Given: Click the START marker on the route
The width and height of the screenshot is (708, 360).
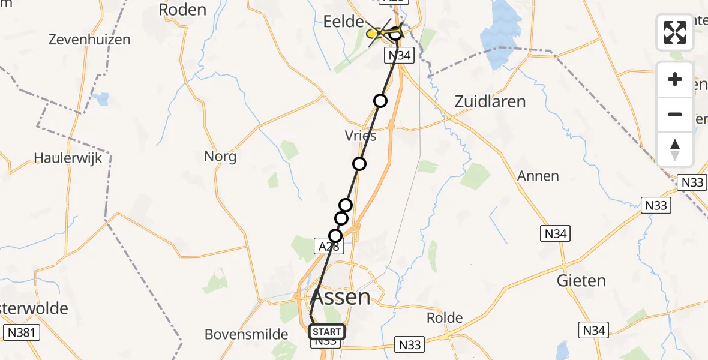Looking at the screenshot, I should (327, 331).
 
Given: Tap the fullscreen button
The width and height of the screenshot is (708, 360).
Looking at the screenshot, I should (675, 32).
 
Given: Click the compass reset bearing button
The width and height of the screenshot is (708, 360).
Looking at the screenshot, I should (675, 149).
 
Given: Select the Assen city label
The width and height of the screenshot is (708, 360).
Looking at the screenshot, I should (340, 296).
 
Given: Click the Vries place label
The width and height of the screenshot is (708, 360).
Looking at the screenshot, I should (361, 136).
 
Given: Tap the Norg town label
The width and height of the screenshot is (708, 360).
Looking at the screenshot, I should (220, 157).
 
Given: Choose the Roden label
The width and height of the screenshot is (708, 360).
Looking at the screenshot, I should (182, 10).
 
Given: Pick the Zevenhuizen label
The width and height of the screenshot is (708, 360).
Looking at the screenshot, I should (90, 40).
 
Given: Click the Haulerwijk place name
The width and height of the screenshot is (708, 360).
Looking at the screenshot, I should (68, 158).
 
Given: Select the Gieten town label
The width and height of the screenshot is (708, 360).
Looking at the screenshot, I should (581, 280).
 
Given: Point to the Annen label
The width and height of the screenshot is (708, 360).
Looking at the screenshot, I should (538, 176).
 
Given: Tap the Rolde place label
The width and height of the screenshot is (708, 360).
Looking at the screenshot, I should (445, 317).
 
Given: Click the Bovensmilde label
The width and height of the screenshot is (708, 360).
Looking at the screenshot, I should (247, 334).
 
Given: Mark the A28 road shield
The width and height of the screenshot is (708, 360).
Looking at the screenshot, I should (329, 245).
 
